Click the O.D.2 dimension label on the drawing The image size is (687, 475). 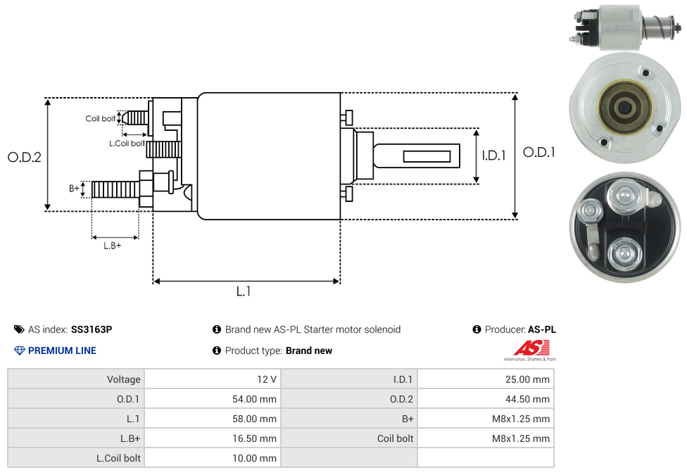click(x=25, y=157)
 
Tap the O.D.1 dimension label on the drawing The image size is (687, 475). click(x=539, y=152)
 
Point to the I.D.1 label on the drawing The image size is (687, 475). click(x=493, y=156)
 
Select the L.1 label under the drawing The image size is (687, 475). click(x=244, y=291)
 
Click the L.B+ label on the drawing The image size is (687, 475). click(x=113, y=246)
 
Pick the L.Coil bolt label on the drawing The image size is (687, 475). click(x=127, y=144)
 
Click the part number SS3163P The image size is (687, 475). click(x=92, y=329)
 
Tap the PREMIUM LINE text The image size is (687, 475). click(x=62, y=350)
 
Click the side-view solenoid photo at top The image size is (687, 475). click(x=622, y=28)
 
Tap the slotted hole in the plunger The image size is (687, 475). click(x=427, y=156)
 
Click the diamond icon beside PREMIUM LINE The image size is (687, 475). click(x=19, y=350)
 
